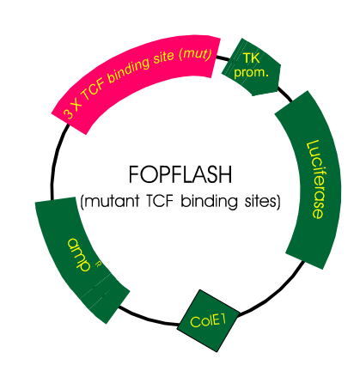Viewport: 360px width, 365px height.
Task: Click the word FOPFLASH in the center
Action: coord(183,176)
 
